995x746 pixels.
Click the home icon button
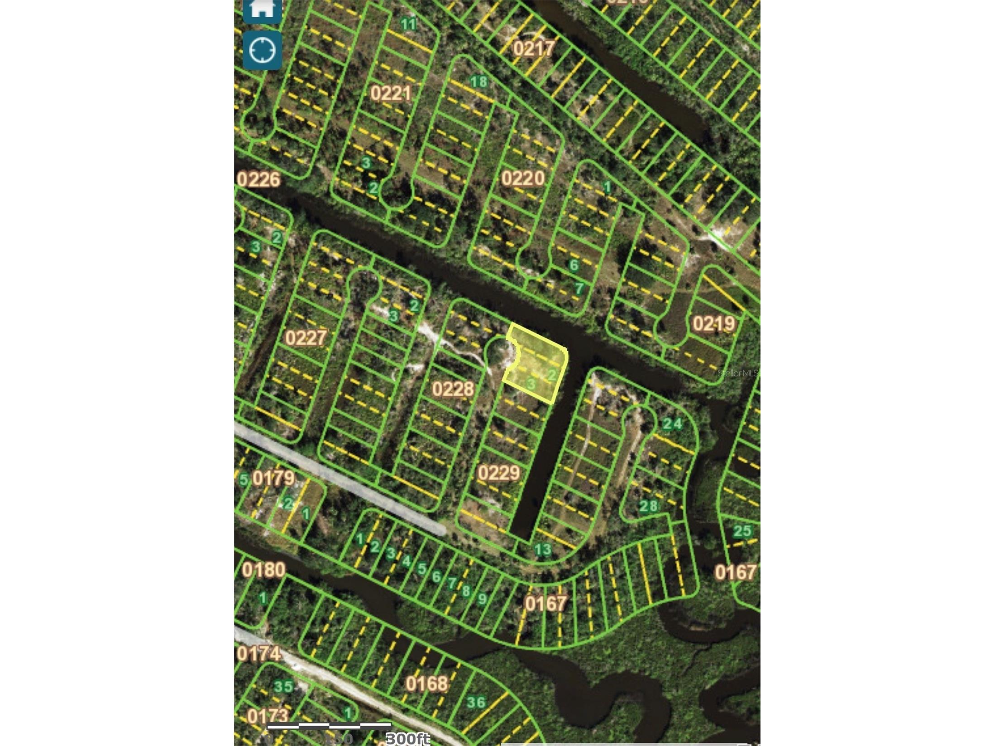(x=262, y=9)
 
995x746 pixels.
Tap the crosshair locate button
(x=262, y=50)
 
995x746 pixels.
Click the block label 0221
(x=391, y=94)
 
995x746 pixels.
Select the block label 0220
(x=522, y=178)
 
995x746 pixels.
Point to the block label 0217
(x=534, y=48)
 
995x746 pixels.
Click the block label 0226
(x=258, y=180)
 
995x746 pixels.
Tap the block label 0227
(x=306, y=338)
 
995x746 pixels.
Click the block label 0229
(x=498, y=473)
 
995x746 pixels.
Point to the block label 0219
(x=713, y=324)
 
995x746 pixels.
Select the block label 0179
(x=273, y=478)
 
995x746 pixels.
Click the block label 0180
(x=263, y=570)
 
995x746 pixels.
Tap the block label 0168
(x=426, y=684)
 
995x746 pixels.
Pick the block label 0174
(x=258, y=653)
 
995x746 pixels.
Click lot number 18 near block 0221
(x=478, y=82)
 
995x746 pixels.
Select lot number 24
(x=672, y=424)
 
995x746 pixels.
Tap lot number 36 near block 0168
(x=476, y=702)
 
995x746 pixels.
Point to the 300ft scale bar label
(x=407, y=739)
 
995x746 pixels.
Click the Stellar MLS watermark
(x=737, y=373)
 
